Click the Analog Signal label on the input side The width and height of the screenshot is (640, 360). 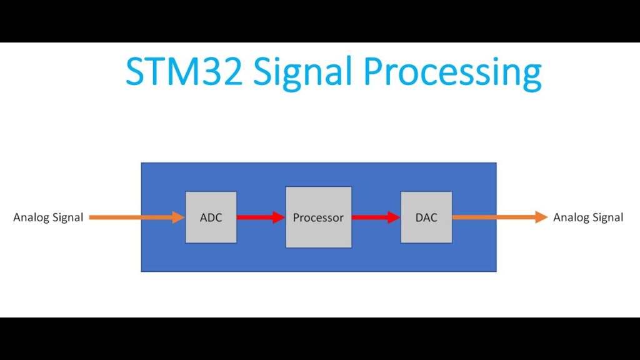[48, 217]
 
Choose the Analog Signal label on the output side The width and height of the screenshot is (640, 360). [588, 217]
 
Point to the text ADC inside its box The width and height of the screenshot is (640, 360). [211, 218]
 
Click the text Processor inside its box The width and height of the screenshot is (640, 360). [318, 218]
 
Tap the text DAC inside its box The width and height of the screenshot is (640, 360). [426, 218]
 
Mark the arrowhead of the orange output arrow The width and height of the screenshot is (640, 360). [541, 217]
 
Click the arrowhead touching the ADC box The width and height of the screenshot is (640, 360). [178, 217]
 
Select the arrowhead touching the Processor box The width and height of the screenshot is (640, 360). [279, 217]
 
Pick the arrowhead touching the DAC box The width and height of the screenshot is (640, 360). [394, 217]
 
